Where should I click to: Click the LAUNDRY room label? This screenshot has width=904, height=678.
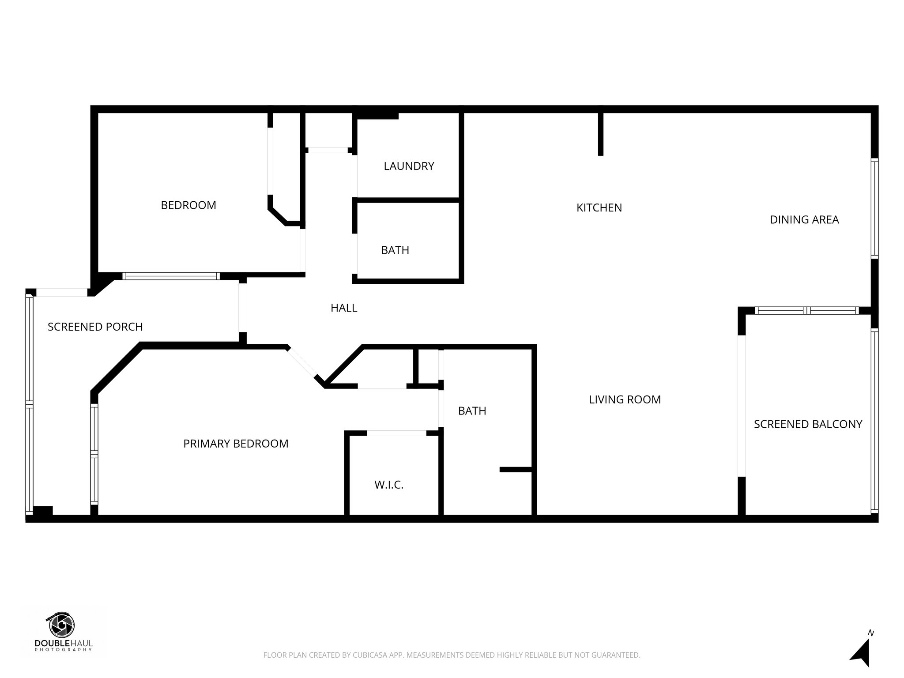tap(409, 166)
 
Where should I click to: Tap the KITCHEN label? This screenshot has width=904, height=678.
tap(599, 207)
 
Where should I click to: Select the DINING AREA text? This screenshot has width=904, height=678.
tap(804, 219)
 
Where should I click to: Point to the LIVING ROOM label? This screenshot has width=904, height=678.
tap(625, 399)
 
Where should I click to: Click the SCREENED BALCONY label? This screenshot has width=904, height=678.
tap(808, 424)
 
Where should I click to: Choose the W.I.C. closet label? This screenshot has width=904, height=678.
tap(389, 485)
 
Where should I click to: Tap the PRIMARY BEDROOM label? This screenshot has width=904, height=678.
tap(236, 444)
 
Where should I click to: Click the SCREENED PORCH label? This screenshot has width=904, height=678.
tap(95, 327)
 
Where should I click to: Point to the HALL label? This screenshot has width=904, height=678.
tap(344, 308)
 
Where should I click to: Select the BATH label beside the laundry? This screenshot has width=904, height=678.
tap(395, 250)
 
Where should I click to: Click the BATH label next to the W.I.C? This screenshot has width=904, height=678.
tap(472, 411)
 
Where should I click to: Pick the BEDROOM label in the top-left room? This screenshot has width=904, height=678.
tap(188, 205)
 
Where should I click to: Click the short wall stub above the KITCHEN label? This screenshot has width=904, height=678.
tap(600, 134)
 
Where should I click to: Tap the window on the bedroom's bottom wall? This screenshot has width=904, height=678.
tap(171, 276)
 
